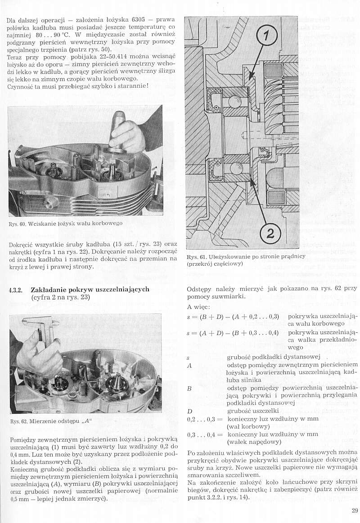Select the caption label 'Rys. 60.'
click(17, 224)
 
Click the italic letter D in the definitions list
click(189, 411)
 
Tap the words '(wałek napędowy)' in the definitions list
click(252, 443)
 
